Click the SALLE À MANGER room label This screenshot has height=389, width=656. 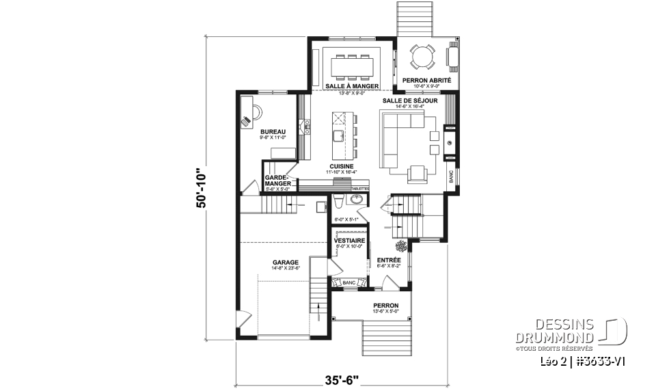pyautogui.click(x=353, y=86)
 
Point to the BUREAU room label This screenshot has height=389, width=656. pyautogui.click(x=272, y=131)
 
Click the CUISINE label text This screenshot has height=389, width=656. pyautogui.click(x=341, y=166)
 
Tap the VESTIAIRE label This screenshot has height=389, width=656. pyautogui.click(x=349, y=241)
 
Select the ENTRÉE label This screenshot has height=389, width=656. pyautogui.click(x=389, y=260)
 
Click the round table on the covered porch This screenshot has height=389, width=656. pyautogui.click(x=422, y=56)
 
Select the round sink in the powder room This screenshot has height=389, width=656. pyautogui.click(x=355, y=199)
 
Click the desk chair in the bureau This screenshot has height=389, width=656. pyautogui.click(x=247, y=121)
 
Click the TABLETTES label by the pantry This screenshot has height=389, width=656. pyautogui.click(x=359, y=189)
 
